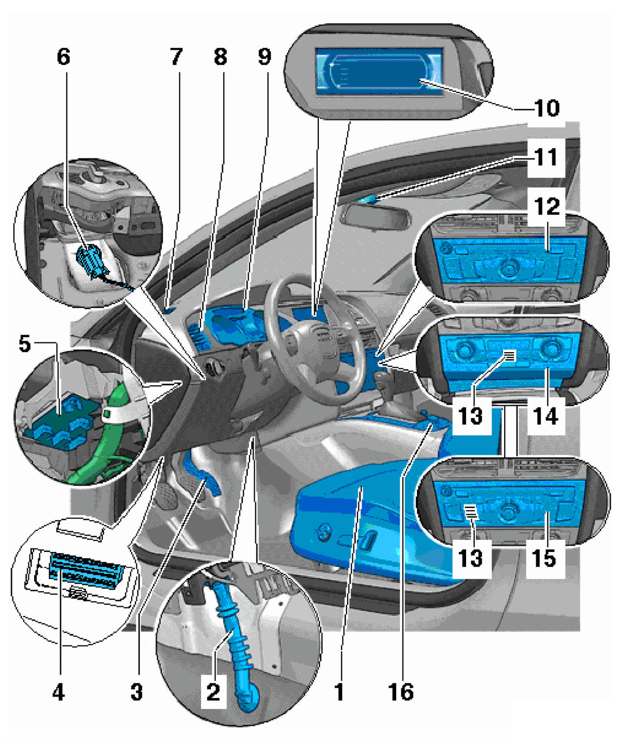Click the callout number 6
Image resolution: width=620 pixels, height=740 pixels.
click(x=63, y=57)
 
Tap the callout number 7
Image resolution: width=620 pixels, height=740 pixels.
click(x=176, y=57)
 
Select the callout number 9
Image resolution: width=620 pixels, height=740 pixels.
click(x=264, y=57)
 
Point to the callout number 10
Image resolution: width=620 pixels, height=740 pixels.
click(x=547, y=108)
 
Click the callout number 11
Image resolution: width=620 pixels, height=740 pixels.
click(x=546, y=157)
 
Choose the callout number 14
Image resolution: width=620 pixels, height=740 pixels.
click(x=545, y=416)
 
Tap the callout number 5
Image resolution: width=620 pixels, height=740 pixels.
click(x=24, y=344)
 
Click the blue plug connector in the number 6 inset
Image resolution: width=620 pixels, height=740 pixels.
click(x=92, y=261)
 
